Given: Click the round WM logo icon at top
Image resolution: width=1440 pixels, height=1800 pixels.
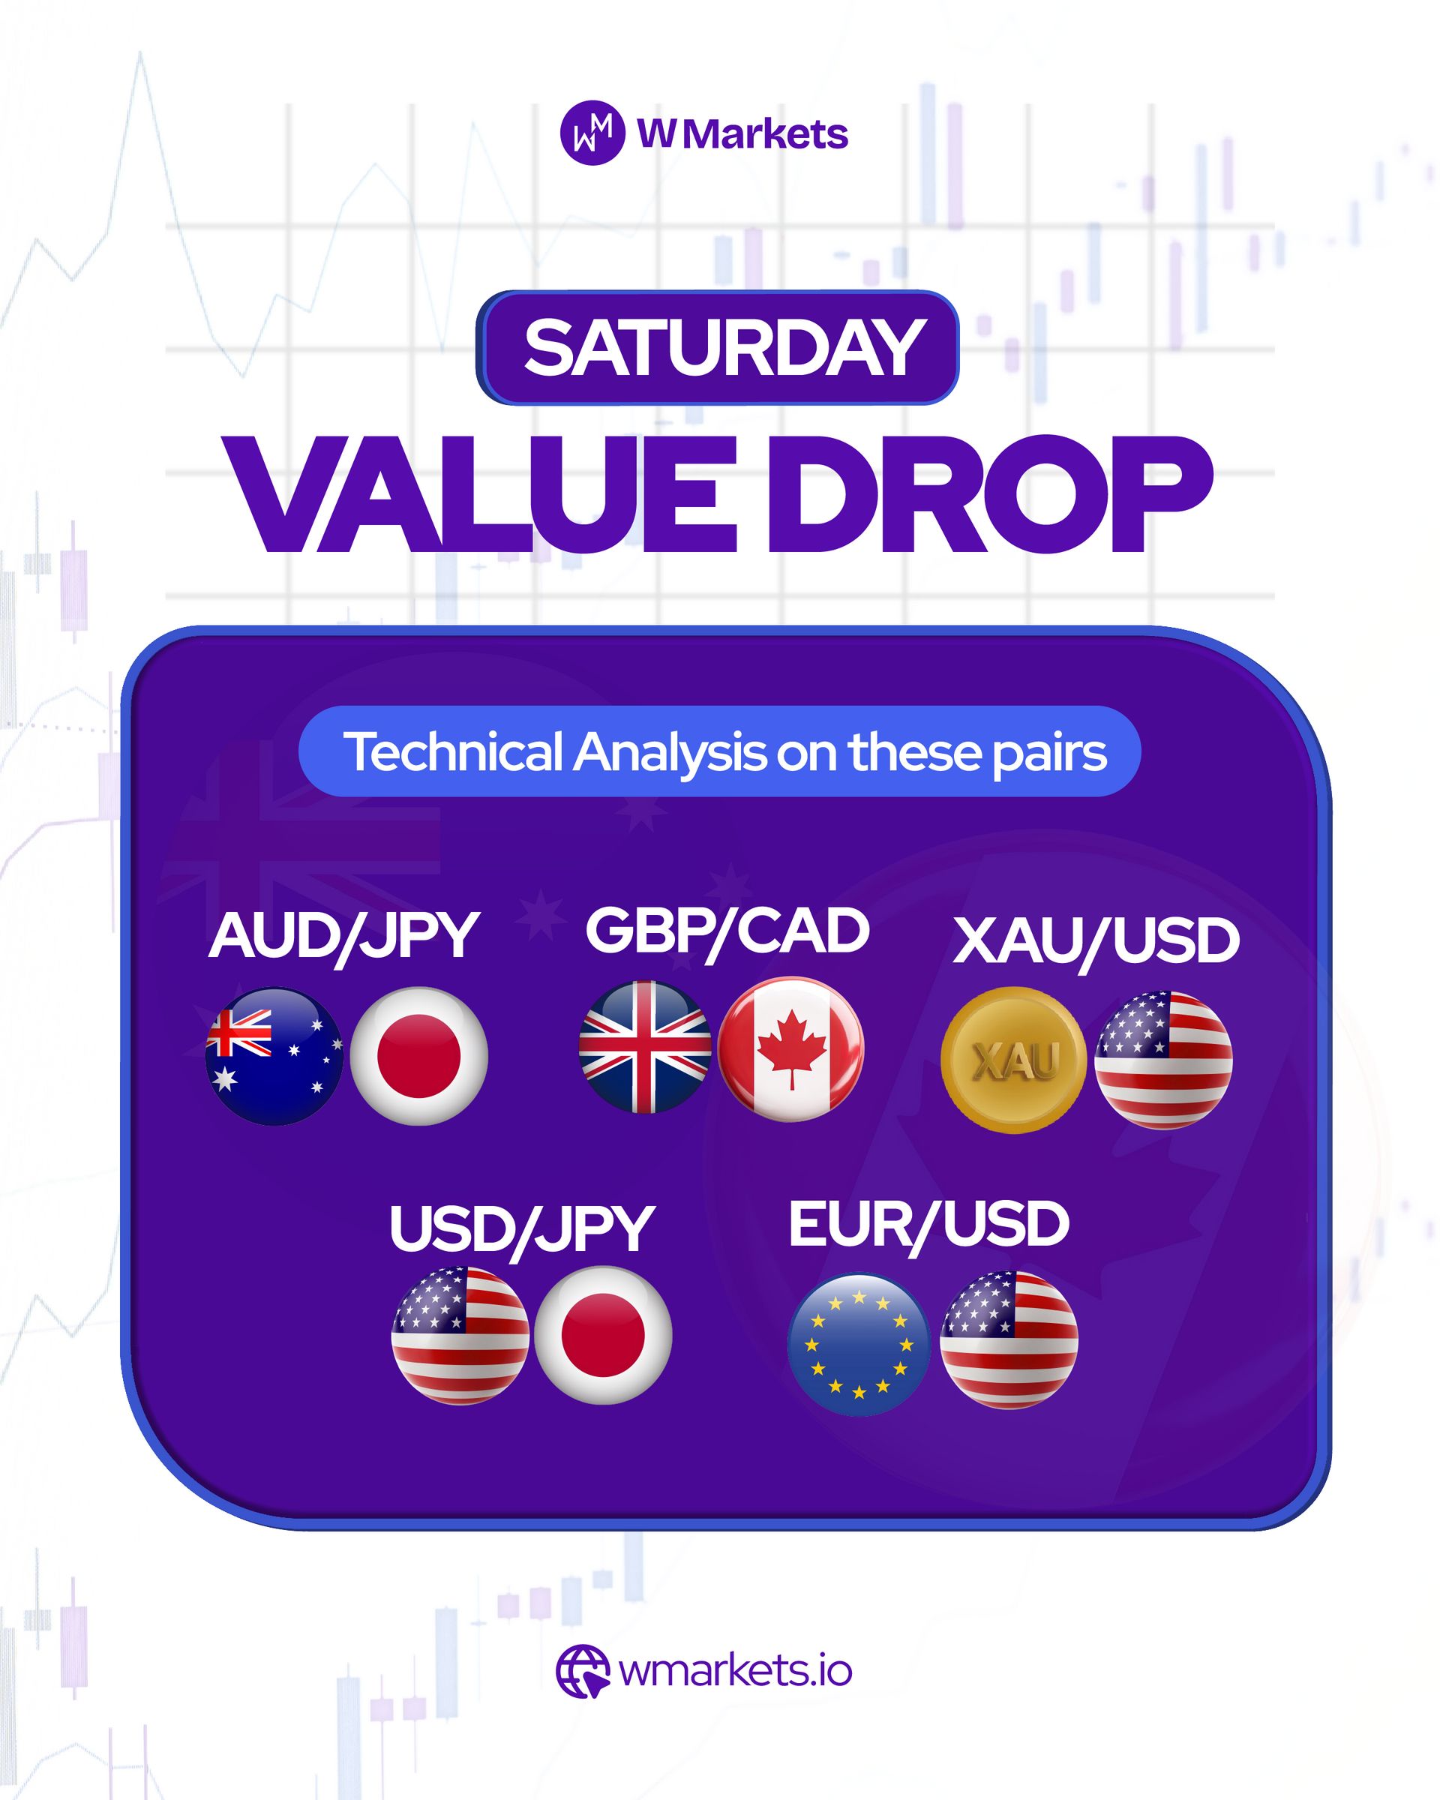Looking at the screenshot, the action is click(592, 133).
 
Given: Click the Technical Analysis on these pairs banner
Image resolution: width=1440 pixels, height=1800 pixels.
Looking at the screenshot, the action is click(719, 751).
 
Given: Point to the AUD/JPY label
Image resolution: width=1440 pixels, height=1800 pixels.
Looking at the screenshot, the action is click(343, 937).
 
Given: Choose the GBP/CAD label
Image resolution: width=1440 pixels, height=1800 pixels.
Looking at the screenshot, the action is click(726, 931).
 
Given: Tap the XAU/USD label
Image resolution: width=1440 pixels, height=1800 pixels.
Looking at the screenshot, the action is click(1095, 942).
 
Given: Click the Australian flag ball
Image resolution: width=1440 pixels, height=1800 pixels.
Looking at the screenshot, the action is click(274, 1056).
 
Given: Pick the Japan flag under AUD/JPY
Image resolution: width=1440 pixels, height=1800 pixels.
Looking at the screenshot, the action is click(418, 1056).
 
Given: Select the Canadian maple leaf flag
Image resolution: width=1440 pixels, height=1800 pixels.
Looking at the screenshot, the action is click(790, 1049).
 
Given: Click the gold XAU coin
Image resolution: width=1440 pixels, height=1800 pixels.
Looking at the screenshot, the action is click(1013, 1060).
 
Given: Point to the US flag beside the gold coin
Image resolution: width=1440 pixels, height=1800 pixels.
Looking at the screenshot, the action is click(1162, 1060).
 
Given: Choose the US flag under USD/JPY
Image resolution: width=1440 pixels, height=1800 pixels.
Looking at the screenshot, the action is click(460, 1336).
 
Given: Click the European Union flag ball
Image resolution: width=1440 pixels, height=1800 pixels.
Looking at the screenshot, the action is click(859, 1344).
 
